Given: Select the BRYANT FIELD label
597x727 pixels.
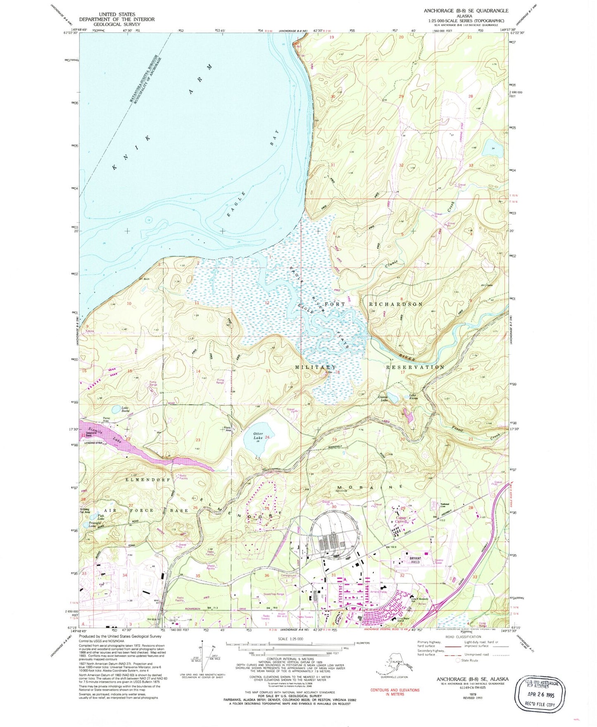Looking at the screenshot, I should (415, 560).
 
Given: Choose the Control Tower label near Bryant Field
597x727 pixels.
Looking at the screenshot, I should (438, 561).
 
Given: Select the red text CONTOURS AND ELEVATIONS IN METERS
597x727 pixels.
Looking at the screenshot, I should (395, 692).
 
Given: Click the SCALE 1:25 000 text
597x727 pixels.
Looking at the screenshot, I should (291, 639).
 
